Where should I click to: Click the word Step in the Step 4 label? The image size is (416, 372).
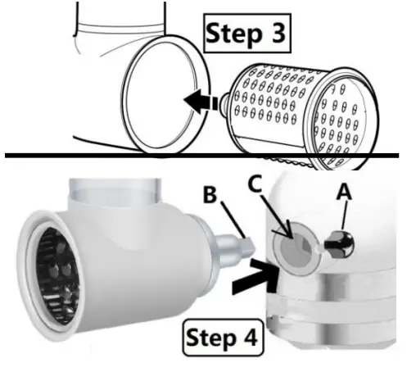[x=210, y=338]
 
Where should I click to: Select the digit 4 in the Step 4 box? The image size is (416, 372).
[x=249, y=337]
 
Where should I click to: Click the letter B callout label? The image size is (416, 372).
[x=210, y=194]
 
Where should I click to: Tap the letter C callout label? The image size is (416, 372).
[x=255, y=183]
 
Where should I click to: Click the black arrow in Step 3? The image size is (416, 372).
[x=201, y=102]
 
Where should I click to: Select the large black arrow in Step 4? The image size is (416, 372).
[x=255, y=277]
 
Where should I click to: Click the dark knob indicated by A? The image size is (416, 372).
[x=340, y=243]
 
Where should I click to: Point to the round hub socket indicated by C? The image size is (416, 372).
[x=296, y=247]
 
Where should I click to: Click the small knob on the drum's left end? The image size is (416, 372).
[x=224, y=102]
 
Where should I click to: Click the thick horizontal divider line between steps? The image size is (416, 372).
[x=202, y=156]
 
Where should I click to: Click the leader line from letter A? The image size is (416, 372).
[x=344, y=215]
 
